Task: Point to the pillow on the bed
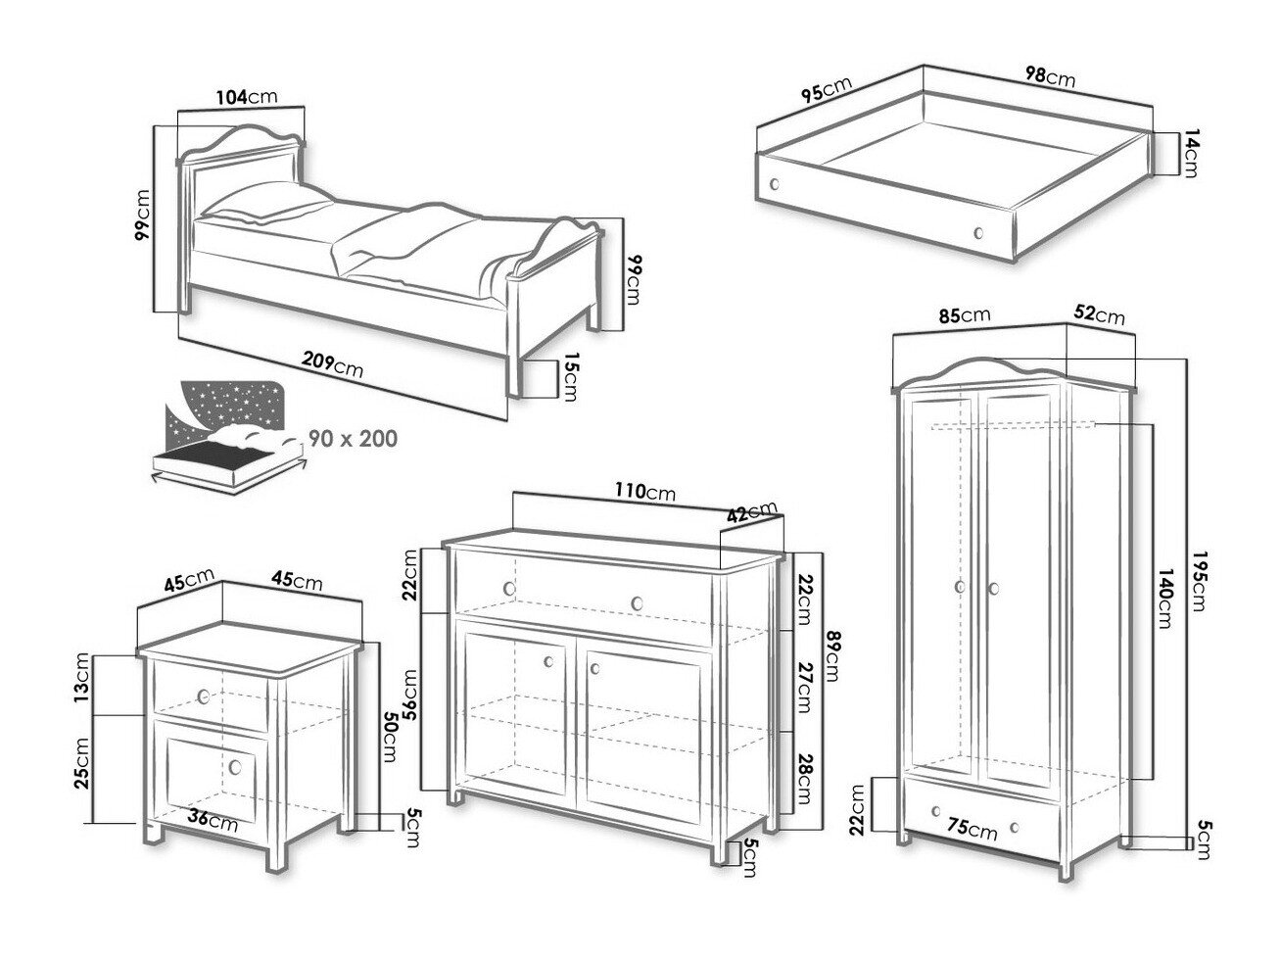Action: pos(266,205)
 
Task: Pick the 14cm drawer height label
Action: pos(1189,155)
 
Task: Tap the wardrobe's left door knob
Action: pos(959,587)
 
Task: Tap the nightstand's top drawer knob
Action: pos(204,697)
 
